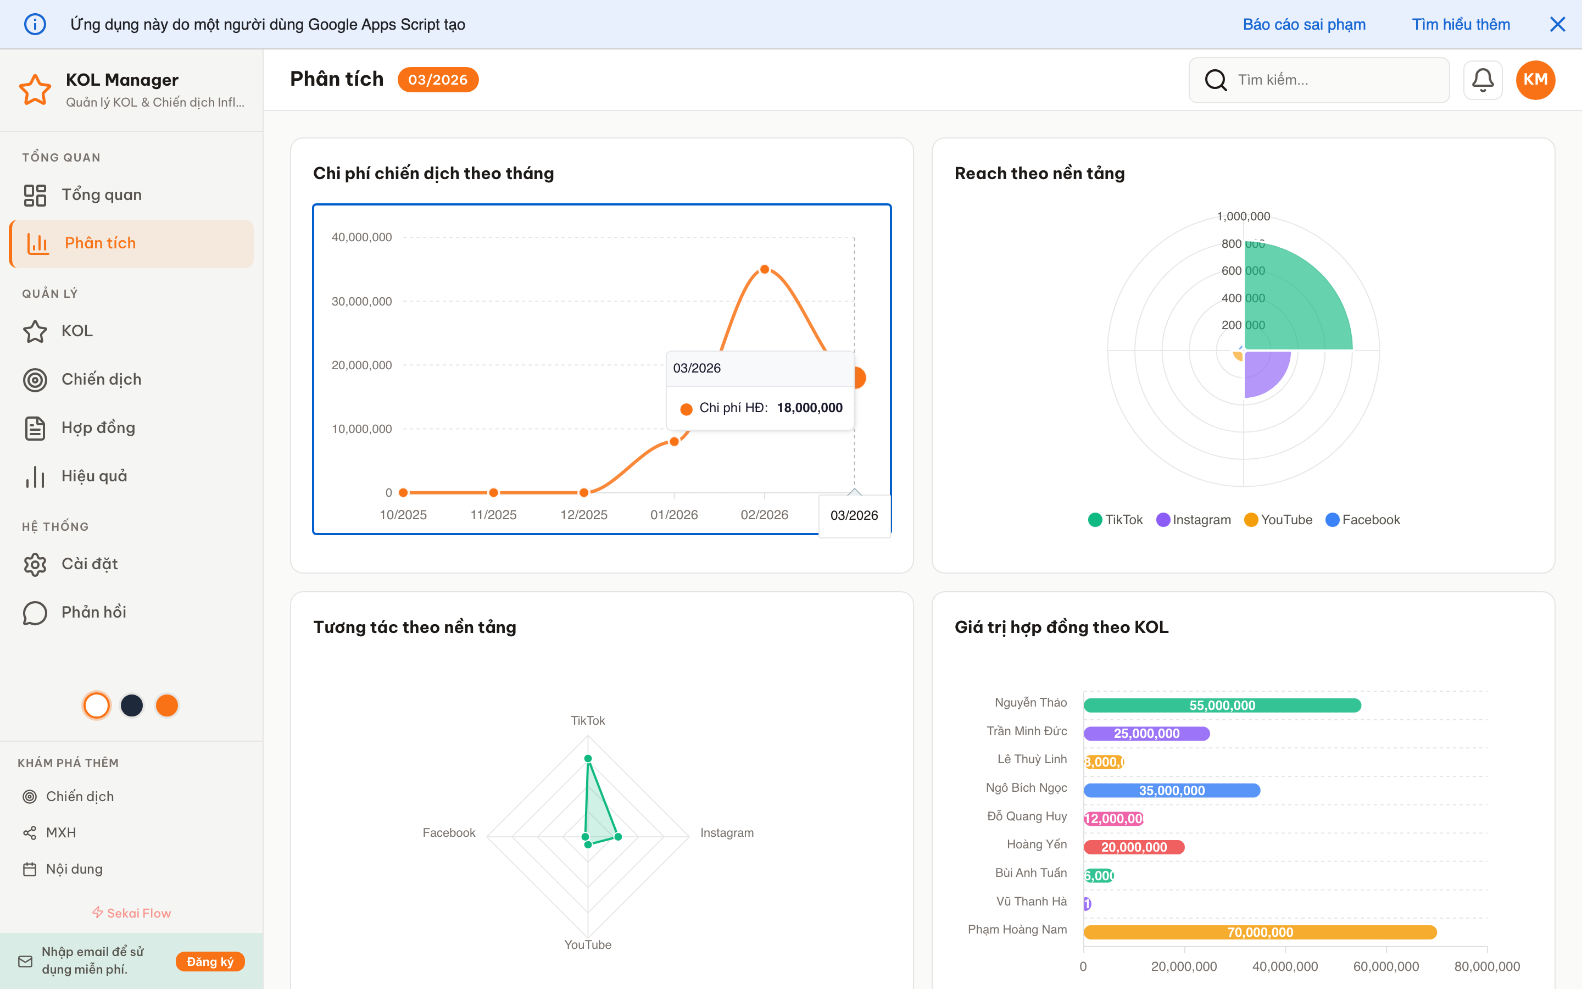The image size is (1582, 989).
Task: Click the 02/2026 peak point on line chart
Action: (764, 269)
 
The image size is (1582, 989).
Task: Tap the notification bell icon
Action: (1482, 80)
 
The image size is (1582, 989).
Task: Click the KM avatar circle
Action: (1535, 80)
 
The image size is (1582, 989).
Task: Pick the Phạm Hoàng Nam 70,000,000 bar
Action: (1260, 932)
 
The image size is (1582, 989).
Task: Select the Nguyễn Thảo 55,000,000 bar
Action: (1222, 705)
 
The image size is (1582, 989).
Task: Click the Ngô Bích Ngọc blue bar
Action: (1172, 790)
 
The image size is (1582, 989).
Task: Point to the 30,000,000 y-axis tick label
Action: (361, 302)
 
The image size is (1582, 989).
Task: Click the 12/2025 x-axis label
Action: (584, 515)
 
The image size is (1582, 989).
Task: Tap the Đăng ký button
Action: (210, 962)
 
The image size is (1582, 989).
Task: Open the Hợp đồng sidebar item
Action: (98, 428)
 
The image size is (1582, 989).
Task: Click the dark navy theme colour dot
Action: (132, 706)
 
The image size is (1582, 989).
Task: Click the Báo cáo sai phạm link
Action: (1304, 24)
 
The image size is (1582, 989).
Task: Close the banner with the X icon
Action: (1557, 24)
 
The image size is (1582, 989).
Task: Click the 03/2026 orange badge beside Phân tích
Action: (437, 80)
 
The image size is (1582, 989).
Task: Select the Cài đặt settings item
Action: (90, 564)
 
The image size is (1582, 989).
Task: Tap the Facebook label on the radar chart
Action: (448, 832)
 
